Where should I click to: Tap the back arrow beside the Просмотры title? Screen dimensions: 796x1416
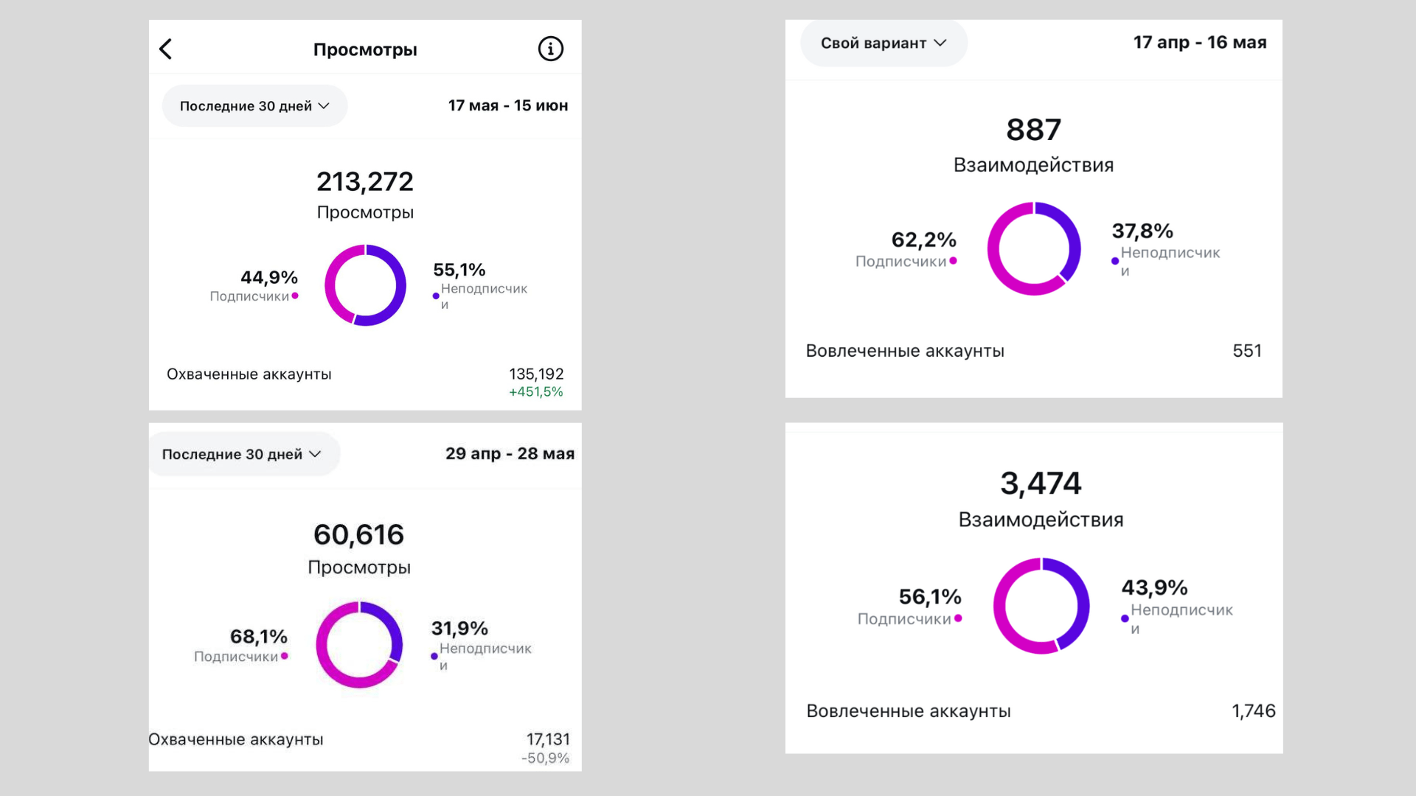(166, 49)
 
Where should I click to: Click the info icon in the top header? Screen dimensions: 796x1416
(550, 49)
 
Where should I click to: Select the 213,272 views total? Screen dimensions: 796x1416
(365, 181)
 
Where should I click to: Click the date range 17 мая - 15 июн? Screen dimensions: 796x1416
(508, 105)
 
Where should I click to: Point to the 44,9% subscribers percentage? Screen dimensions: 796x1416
(269, 278)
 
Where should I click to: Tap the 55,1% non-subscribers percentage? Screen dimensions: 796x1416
(459, 270)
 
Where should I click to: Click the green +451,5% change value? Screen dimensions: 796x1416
(536, 392)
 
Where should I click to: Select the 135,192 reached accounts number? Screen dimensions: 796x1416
(536, 374)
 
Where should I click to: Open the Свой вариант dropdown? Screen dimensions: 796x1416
(884, 43)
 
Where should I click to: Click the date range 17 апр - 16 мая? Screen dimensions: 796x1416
(1200, 43)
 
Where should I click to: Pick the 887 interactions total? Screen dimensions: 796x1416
(1033, 130)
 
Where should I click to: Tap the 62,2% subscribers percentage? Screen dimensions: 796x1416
(924, 240)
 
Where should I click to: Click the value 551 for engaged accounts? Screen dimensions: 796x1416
(1247, 351)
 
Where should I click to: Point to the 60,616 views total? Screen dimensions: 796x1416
(359, 534)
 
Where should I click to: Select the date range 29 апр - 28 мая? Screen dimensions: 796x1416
(510, 453)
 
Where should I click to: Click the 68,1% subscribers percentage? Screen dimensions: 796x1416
(259, 637)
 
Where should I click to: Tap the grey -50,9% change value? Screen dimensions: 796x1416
(546, 758)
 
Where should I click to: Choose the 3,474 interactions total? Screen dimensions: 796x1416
(1041, 483)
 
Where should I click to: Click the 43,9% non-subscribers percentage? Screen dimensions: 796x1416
(1155, 587)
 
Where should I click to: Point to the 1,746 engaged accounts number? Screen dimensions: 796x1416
(1254, 711)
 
